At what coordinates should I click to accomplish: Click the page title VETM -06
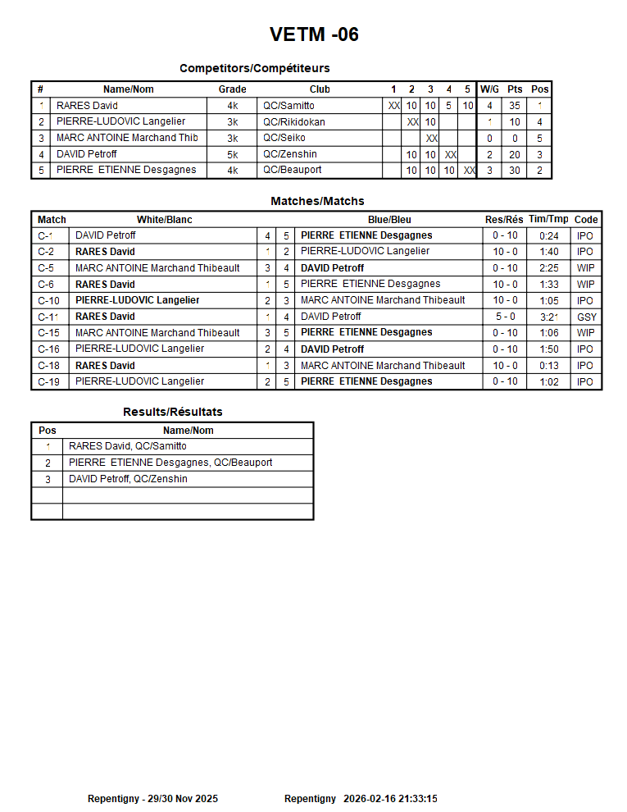(x=314, y=34)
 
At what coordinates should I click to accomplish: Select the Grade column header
(x=232, y=89)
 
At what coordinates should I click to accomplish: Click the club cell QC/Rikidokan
(x=293, y=121)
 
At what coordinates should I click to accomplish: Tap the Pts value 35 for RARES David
(x=514, y=106)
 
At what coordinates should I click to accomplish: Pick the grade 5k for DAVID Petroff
(x=233, y=154)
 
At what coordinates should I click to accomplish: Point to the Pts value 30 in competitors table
(x=514, y=171)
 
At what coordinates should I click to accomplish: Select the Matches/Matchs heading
(x=317, y=201)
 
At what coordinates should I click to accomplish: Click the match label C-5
(x=46, y=268)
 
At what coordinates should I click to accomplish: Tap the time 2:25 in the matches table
(x=548, y=268)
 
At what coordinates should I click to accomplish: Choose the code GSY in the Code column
(x=586, y=317)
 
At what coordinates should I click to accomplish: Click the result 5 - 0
(x=504, y=317)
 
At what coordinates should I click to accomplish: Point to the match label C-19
(x=48, y=381)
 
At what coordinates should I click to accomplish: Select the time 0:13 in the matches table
(x=548, y=366)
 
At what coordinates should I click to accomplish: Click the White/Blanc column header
(x=164, y=220)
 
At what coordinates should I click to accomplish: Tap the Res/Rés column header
(x=504, y=220)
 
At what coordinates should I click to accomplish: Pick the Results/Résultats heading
(x=172, y=412)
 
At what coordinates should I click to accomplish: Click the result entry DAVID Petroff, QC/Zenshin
(x=128, y=479)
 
